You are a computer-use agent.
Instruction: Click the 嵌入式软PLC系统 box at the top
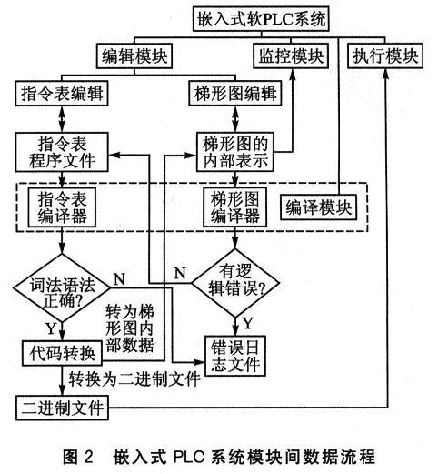[x=261, y=19]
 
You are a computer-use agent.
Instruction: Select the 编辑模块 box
[x=134, y=56]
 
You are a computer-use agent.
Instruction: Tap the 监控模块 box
[x=291, y=56]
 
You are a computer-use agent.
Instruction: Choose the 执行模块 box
[x=385, y=56]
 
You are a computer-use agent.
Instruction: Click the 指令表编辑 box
[x=62, y=93]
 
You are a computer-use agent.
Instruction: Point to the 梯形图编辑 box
[x=235, y=93]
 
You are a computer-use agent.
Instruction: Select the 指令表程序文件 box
[x=62, y=152]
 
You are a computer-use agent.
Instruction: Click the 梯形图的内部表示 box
[x=235, y=152]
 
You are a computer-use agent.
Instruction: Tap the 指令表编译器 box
[x=62, y=207]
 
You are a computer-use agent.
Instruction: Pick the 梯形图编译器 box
[x=235, y=207]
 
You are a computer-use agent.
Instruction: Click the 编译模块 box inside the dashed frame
[x=318, y=207]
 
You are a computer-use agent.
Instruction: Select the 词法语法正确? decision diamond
[x=62, y=287]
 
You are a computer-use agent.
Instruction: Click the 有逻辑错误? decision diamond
[x=235, y=283]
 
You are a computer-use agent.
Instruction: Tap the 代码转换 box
[x=62, y=353]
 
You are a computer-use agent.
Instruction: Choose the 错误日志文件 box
[x=235, y=356]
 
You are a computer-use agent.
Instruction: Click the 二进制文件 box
[x=62, y=408]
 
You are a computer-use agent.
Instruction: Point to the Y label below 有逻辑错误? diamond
[x=248, y=324]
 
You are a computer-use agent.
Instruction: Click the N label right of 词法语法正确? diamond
[x=119, y=279]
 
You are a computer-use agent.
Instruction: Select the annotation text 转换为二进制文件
[x=134, y=378]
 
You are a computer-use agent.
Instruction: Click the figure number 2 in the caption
[x=88, y=457]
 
